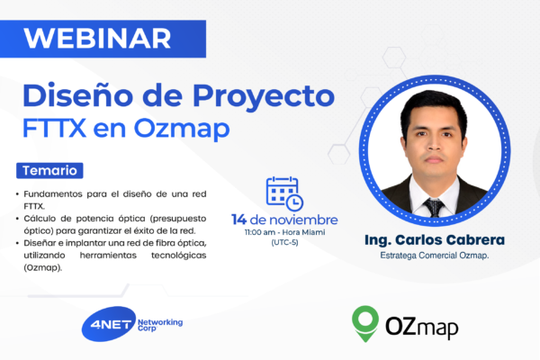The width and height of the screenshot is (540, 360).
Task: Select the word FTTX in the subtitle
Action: pos(55,129)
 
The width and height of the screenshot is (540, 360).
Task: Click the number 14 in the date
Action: pos(240,220)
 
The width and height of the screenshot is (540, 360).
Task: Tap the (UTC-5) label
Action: pos(284,243)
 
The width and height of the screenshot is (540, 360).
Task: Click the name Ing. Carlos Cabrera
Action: pos(435,240)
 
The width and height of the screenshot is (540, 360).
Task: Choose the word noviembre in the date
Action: pos(309,220)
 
